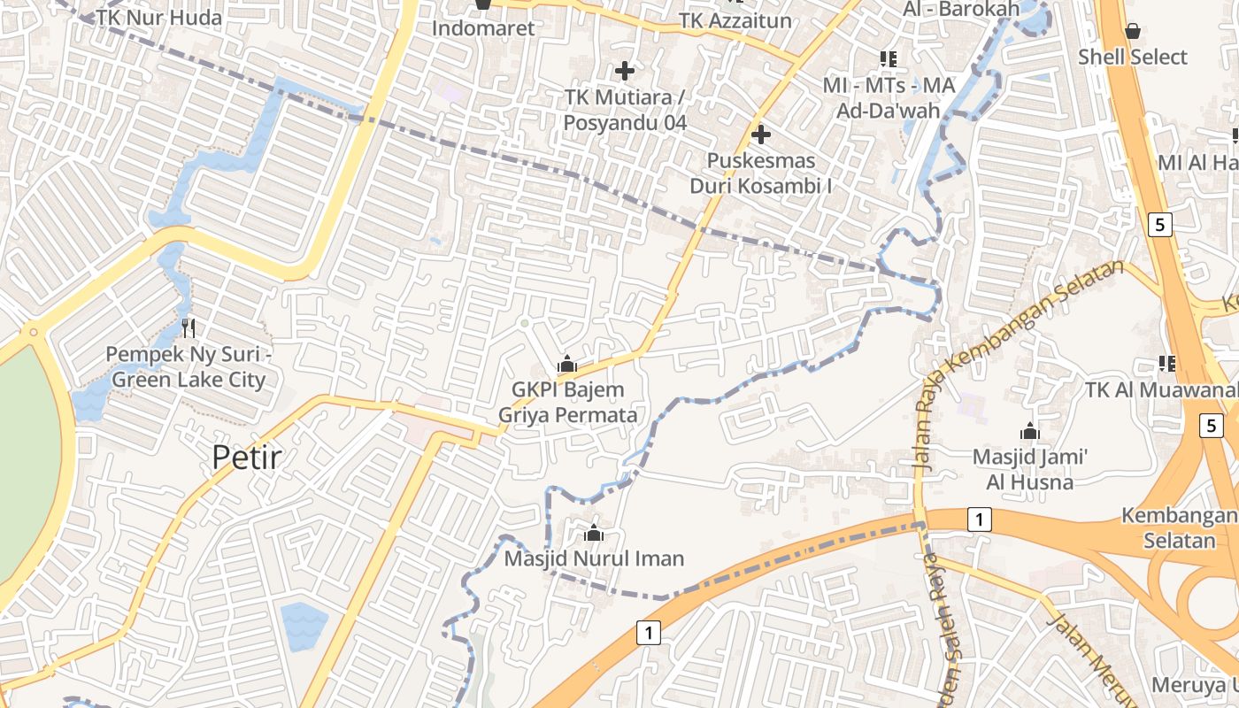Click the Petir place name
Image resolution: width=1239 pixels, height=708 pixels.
click(x=247, y=457)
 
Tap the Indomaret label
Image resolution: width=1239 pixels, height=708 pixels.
click(x=483, y=28)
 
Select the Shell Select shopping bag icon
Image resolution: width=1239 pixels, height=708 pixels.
click(x=1132, y=32)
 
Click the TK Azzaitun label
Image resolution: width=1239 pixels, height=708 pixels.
click(x=735, y=19)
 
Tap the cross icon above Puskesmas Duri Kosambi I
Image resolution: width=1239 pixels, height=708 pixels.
click(x=760, y=135)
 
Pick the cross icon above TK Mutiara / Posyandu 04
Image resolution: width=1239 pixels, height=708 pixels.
click(x=625, y=70)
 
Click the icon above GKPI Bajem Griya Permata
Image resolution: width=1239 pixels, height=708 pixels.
click(x=566, y=364)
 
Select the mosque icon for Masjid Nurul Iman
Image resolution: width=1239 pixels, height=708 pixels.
click(x=594, y=533)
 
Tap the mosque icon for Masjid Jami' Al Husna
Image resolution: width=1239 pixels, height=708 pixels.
click(x=1029, y=432)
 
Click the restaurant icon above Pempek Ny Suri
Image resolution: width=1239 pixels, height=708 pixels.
click(x=187, y=328)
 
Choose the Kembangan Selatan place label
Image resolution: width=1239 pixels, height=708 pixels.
click(x=1180, y=527)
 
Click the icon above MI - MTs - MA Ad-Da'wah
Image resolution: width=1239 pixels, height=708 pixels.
click(x=889, y=59)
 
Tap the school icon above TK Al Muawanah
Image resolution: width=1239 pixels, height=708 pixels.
click(x=1166, y=363)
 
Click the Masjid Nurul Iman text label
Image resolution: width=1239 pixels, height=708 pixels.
click(x=594, y=559)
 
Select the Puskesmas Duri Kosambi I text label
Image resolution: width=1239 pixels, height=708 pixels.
click(x=760, y=174)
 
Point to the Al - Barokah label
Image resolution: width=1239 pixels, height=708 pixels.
click(x=960, y=9)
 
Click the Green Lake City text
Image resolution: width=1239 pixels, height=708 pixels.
click(x=189, y=381)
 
